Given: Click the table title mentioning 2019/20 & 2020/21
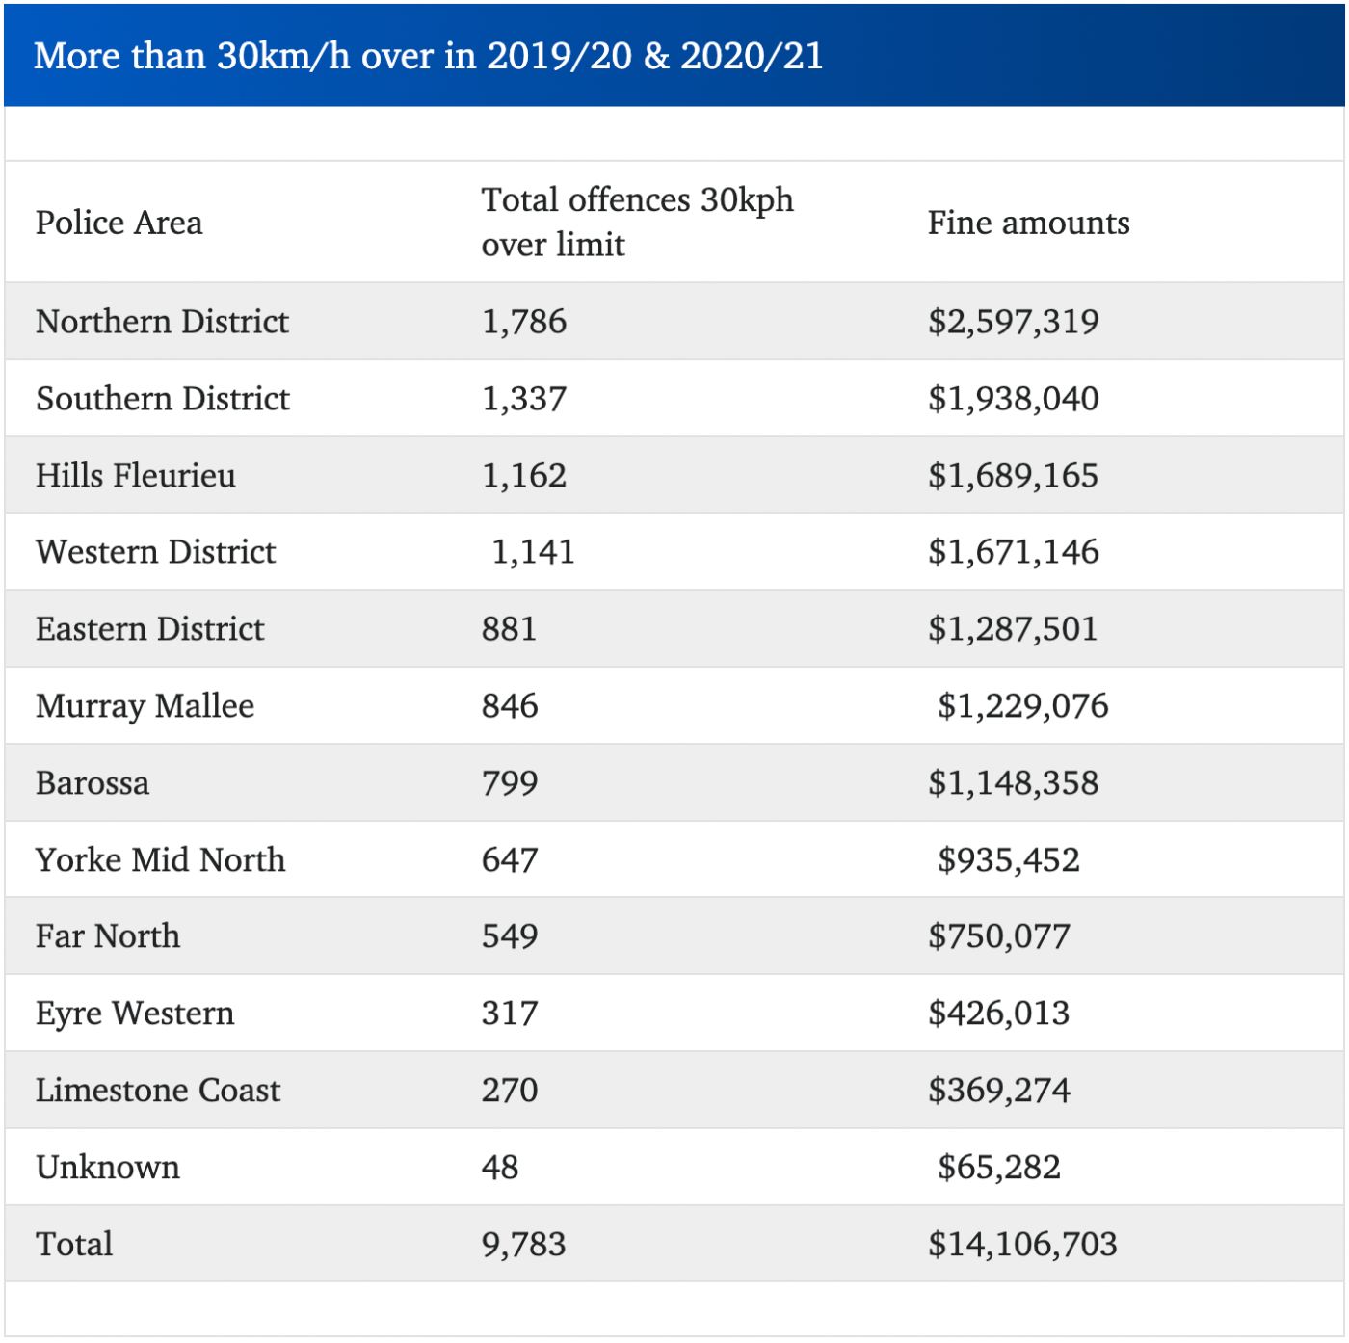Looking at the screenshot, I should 429,56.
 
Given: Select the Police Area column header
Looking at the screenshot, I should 119,223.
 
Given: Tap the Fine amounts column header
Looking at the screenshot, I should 1028,223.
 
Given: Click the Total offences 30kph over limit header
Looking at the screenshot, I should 637,222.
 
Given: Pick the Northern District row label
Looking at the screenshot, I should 162,322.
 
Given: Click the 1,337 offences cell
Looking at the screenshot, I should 524,399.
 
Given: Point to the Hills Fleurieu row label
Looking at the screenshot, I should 136,476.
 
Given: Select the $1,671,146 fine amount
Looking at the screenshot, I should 1013,552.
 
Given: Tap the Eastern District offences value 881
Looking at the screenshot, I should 509,629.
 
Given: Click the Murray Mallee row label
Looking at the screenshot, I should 145,706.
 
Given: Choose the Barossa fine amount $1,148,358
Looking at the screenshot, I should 1013,783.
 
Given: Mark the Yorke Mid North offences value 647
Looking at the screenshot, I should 510,859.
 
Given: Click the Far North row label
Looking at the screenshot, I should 108,936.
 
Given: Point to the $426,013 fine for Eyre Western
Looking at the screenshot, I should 998,1014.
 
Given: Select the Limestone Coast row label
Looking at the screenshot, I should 158,1091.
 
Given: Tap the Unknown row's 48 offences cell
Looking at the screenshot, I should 500,1168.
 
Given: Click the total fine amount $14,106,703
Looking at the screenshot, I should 1022,1245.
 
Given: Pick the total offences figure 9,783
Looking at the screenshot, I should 524,1245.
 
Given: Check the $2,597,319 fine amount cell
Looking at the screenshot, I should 1013,322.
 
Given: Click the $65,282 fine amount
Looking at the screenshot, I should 998,1168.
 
